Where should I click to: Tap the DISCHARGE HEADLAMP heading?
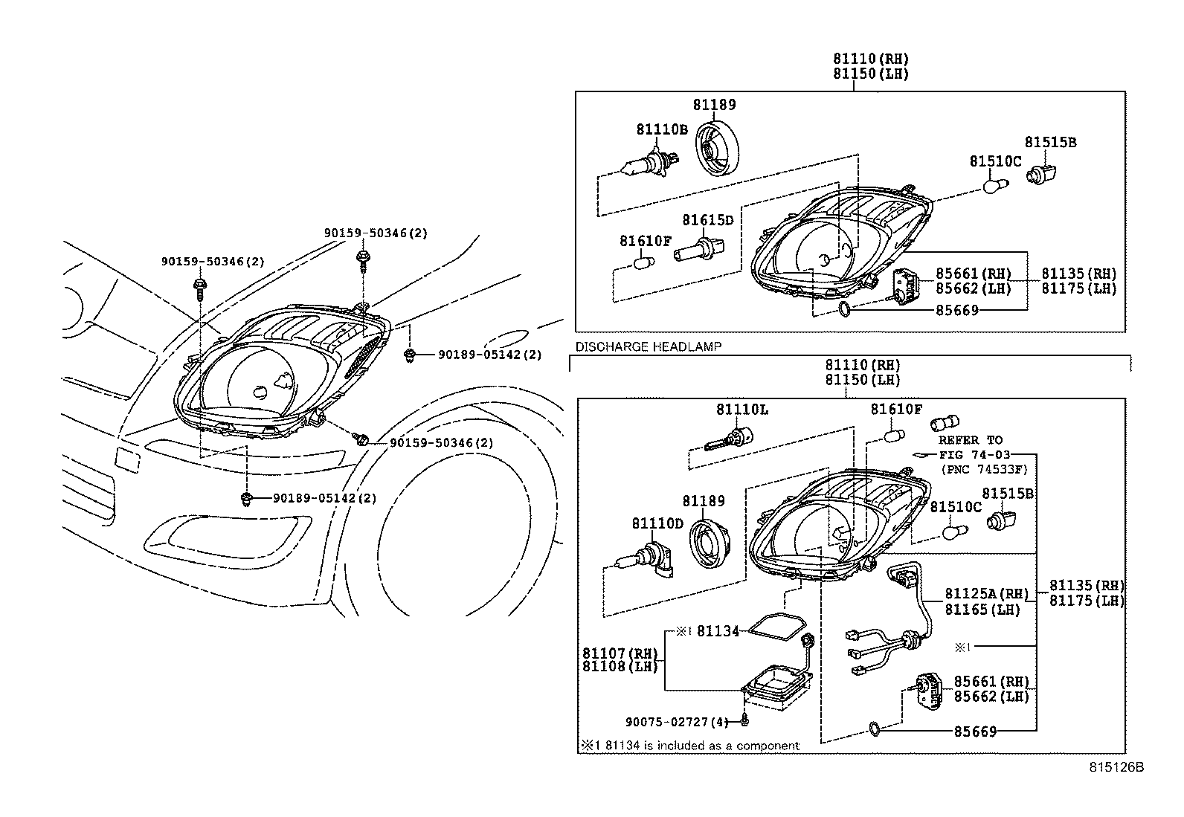coord(648,346)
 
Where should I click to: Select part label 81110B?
coord(661,129)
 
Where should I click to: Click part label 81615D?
coord(707,220)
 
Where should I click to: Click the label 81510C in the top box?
coord(995,161)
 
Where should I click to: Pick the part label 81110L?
coord(742,410)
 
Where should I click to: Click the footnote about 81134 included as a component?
coord(691,745)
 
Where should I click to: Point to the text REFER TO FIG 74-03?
coord(971,447)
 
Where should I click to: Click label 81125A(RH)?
coord(986,593)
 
